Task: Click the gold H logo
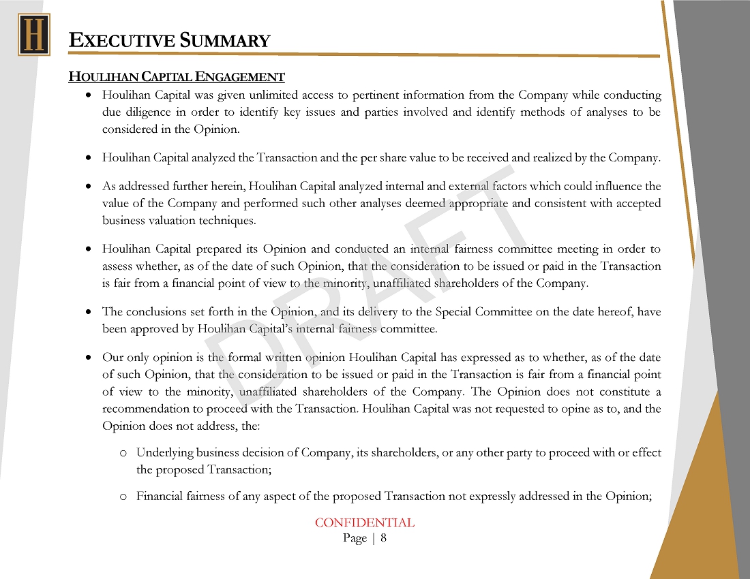(33, 34)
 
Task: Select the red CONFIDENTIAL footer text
(364, 523)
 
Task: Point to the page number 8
(384, 538)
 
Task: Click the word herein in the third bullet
(227, 186)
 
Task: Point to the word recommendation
(150, 409)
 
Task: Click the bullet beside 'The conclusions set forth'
(89, 312)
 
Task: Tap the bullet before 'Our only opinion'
(89, 357)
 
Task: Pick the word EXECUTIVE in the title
(121, 41)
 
